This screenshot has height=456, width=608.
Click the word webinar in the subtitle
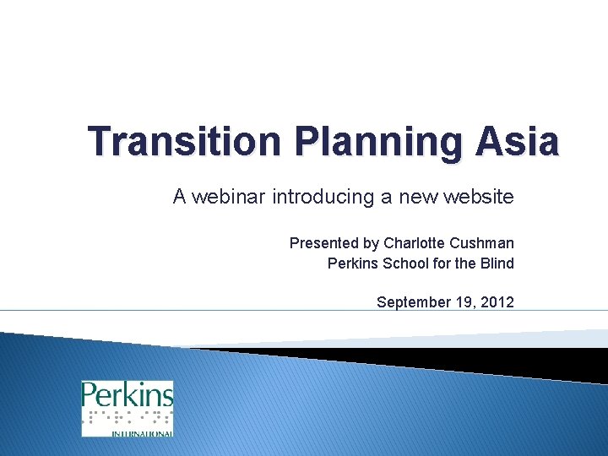click(x=228, y=198)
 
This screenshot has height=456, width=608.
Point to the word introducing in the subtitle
click(x=323, y=198)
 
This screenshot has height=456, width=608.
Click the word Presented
click(x=324, y=243)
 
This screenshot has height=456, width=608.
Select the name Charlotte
click(x=413, y=243)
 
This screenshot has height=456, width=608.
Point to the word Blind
click(x=497, y=263)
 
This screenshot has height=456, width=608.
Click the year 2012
click(x=498, y=302)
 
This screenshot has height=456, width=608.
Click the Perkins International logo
click(x=127, y=409)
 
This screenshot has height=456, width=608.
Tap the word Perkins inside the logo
click(x=127, y=395)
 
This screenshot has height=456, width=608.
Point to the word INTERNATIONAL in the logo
click(x=141, y=432)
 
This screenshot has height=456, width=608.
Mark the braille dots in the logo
click(x=127, y=418)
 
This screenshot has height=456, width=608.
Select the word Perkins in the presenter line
click(x=353, y=263)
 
